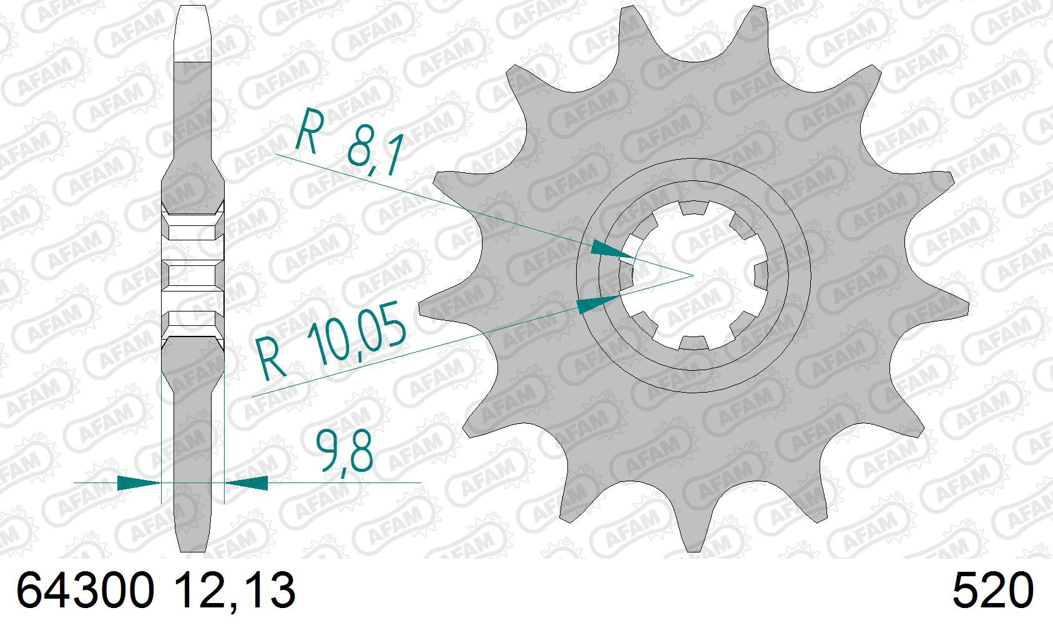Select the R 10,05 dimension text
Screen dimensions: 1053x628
331,346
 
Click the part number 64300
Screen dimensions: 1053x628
86,590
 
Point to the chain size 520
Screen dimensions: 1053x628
993,590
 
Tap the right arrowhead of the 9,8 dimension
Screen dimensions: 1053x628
247,483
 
